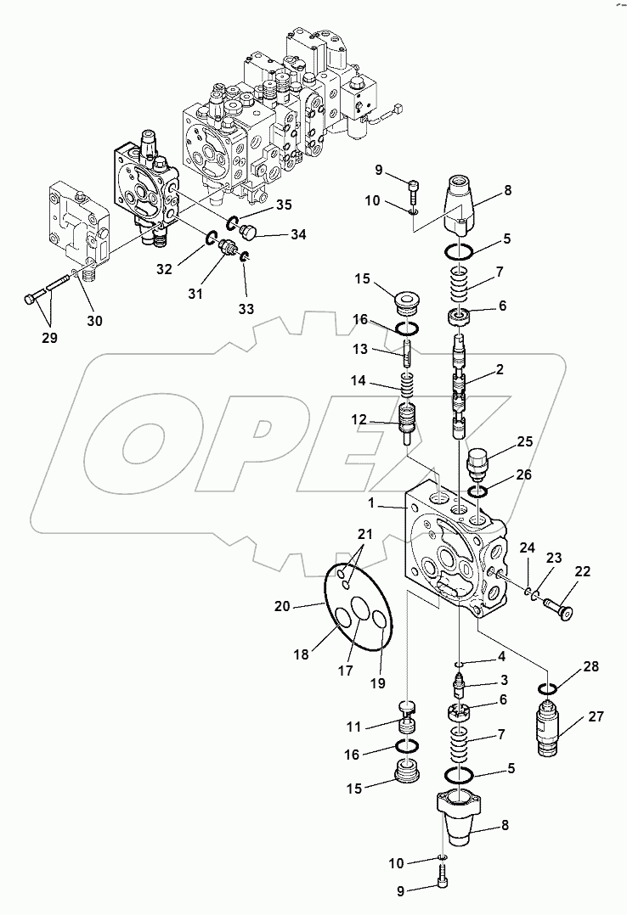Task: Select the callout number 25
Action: pyautogui.click(x=524, y=441)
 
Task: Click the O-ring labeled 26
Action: pyautogui.click(x=477, y=491)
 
